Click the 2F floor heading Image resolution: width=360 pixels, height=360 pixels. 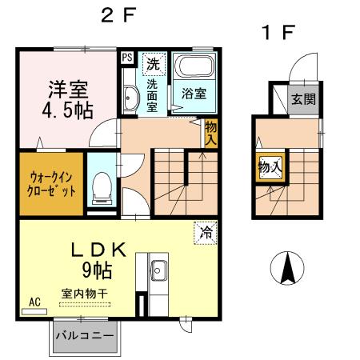(x=118, y=15)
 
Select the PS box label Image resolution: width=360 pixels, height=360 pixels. (x=127, y=57)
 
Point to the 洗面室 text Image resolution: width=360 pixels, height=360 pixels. (x=153, y=92)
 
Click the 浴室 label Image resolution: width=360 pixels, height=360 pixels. (x=194, y=92)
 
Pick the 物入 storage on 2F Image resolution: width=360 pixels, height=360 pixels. (x=210, y=133)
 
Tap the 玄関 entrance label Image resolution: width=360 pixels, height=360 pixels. (x=302, y=99)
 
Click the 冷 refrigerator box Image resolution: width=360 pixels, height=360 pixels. (x=206, y=234)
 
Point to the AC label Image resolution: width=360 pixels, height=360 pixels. (x=34, y=302)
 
